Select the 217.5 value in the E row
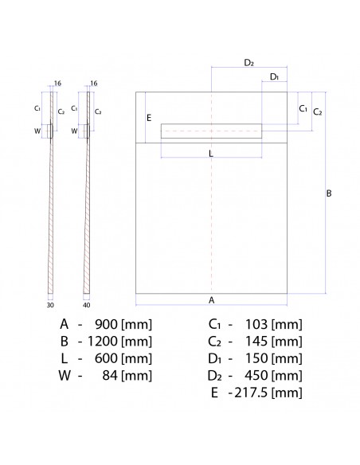(x=252, y=393)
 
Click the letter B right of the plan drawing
(x=329, y=193)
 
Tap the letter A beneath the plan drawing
(x=211, y=300)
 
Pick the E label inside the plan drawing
(x=149, y=117)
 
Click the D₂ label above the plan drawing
(x=248, y=62)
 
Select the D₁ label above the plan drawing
(x=273, y=76)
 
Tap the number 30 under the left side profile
(x=50, y=303)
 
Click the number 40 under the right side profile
(x=86, y=303)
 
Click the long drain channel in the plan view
(x=212, y=131)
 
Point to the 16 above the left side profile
(x=58, y=83)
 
